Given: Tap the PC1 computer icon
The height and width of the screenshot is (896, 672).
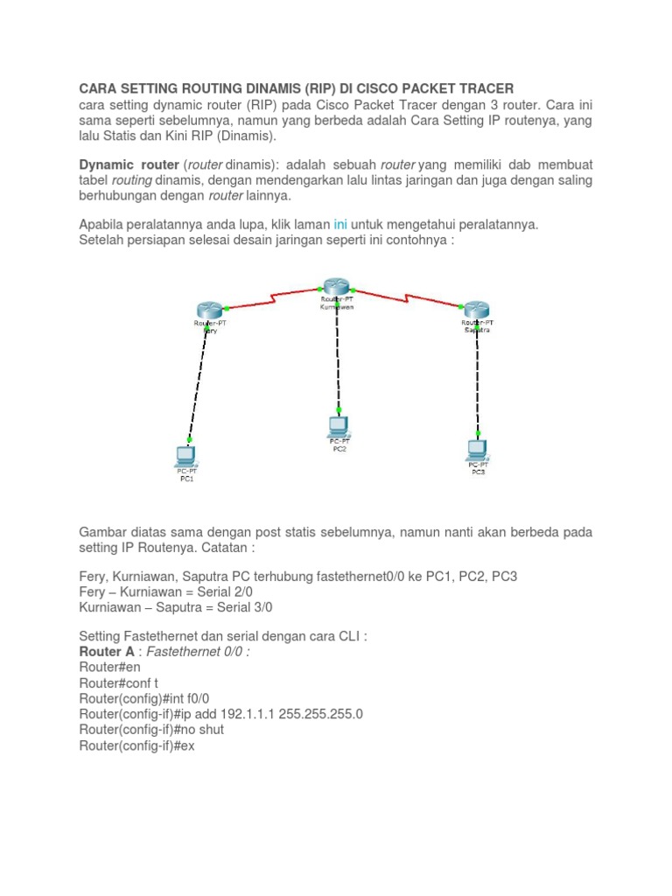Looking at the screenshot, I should [186, 455].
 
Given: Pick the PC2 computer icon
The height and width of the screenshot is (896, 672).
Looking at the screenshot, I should [338, 426].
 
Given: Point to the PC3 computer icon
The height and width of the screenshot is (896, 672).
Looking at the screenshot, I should [477, 450].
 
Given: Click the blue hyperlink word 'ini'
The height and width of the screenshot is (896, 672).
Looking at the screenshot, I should [342, 225].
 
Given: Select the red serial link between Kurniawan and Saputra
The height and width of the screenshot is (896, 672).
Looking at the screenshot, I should [407, 297].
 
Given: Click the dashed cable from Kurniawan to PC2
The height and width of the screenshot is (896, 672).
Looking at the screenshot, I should [337, 359].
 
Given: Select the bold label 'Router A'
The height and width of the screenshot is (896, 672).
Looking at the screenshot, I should [107, 652].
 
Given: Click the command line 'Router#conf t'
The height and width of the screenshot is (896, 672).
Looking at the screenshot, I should [118, 683].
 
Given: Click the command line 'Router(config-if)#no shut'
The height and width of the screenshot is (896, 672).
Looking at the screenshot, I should [151, 730].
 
